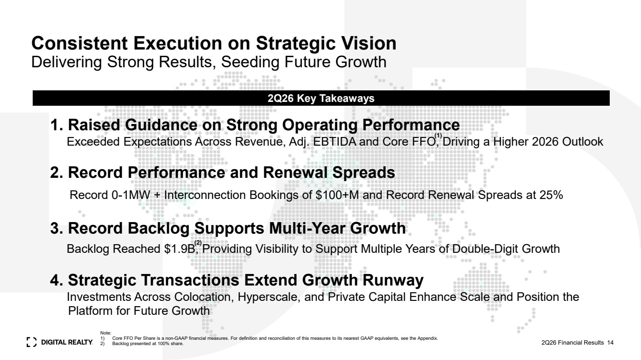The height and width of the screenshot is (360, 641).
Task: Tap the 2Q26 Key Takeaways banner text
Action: pyautogui.click(x=321, y=99)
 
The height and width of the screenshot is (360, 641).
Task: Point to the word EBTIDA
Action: pyautogui.click(x=335, y=142)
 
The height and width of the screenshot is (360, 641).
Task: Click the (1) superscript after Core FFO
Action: pyautogui.click(x=438, y=136)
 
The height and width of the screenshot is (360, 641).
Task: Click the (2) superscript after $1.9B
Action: pyautogui.click(x=198, y=243)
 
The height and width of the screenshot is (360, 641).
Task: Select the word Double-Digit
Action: pyautogui.click(x=485, y=249)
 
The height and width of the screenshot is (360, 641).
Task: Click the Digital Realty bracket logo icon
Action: pyautogui.click(x=31, y=342)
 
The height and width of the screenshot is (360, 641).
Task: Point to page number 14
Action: pyautogui.click(x=610, y=343)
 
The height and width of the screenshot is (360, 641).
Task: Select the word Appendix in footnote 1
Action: pyautogui.click(x=427, y=338)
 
